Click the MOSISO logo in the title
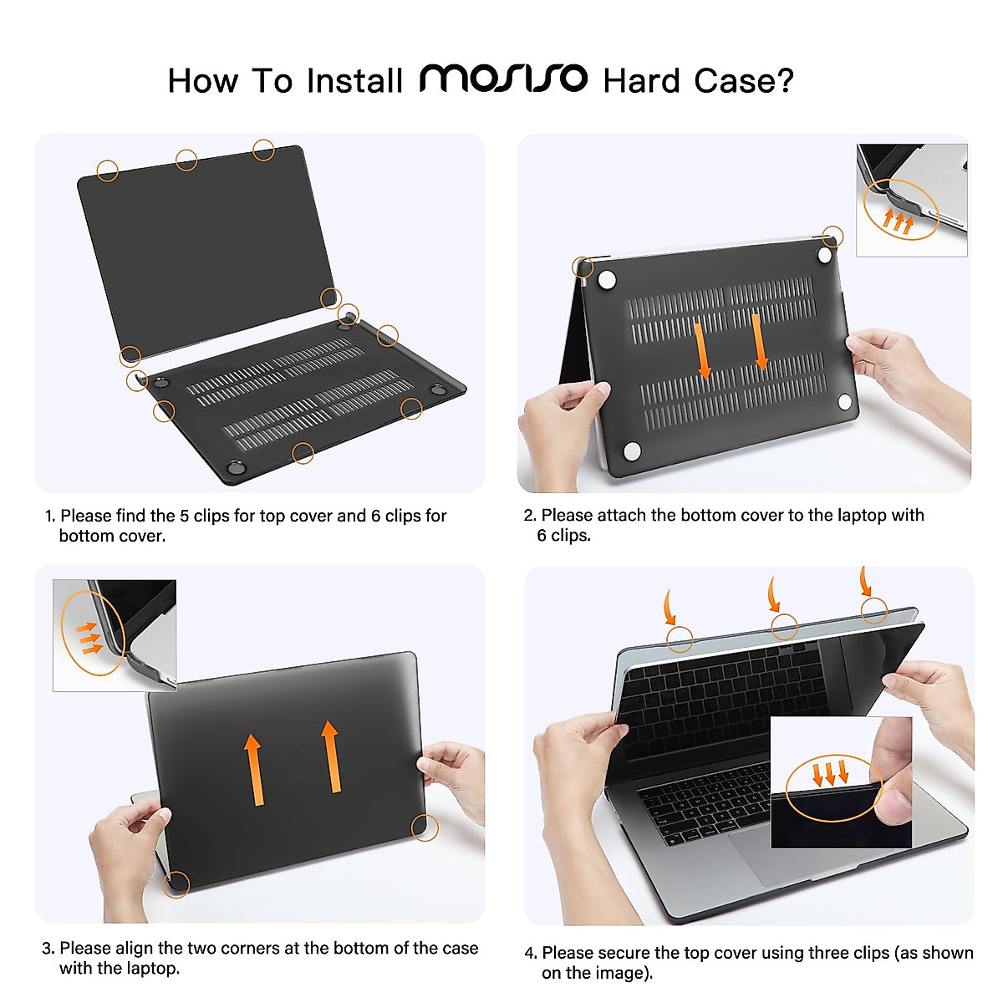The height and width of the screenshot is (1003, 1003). coord(503,79)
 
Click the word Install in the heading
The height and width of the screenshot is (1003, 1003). coord(354,81)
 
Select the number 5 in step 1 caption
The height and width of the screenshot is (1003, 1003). coord(185,516)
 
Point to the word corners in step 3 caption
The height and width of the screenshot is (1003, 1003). coord(247,948)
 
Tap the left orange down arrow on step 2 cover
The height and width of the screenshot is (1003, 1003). coord(703,349)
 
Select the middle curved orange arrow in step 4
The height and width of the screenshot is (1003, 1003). coord(774,594)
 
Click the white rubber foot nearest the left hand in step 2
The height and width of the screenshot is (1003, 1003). coord(632,451)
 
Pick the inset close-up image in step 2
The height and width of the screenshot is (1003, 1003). coord(911,199)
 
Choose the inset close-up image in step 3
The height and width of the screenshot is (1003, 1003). coord(115,634)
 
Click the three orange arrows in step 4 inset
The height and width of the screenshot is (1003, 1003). coord(830,771)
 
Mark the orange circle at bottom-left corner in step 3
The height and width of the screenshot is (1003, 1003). coord(176,884)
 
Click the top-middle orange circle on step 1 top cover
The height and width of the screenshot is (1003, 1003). coord(186,160)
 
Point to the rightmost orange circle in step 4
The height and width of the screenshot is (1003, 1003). coord(874,610)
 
